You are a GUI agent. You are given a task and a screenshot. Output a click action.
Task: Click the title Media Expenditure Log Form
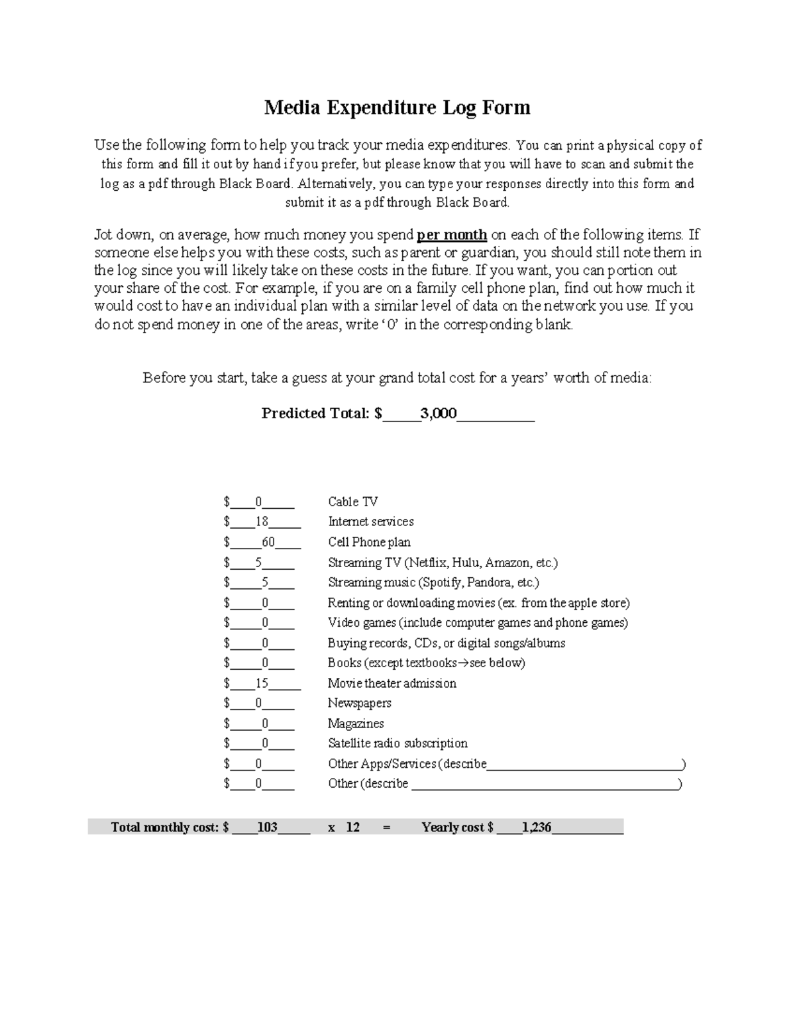coord(397,107)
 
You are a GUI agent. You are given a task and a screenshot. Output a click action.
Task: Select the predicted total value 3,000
coord(438,413)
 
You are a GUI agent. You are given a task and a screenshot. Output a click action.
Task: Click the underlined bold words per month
coord(452,235)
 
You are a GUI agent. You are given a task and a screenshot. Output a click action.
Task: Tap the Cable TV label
coord(352,502)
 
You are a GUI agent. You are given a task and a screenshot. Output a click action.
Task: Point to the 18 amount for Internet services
coord(262,521)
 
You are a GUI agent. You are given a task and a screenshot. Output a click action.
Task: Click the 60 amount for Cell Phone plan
coord(268,542)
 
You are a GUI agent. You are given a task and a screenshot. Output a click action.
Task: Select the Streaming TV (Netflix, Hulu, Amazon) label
coord(443,563)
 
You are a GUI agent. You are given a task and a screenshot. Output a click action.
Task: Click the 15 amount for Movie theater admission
coord(262,683)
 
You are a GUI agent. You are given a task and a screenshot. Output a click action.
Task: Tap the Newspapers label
coord(359,703)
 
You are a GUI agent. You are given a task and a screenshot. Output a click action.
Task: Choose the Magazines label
coord(356,724)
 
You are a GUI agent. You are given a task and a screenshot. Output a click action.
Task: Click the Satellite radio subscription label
coord(397,743)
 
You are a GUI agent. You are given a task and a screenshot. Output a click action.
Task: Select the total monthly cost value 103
coord(267,827)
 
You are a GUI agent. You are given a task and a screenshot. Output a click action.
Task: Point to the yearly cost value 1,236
coord(536,827)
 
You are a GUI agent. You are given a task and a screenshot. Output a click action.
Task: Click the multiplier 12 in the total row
coord(352,827)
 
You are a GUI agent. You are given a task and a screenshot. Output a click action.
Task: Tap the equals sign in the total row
coord(387,827)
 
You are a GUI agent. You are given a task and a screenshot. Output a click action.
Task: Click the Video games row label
coord(477,623)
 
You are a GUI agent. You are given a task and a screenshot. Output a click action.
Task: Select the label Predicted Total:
coord(316,413)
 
